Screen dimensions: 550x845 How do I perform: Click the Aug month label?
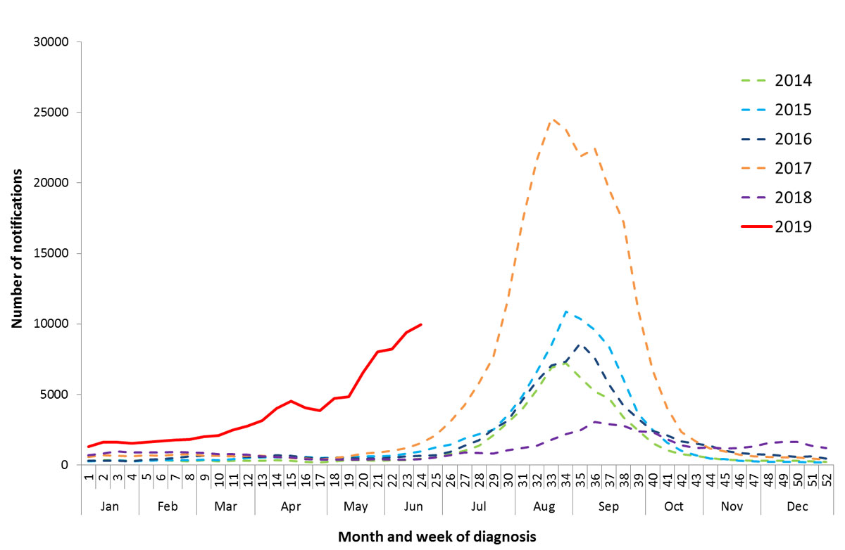[x=544, y=506]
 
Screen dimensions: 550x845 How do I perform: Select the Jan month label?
[x=110, y=506]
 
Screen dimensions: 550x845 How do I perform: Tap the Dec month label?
[x=796, y=506]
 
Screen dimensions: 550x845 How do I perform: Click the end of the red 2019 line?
[x=421, y=324]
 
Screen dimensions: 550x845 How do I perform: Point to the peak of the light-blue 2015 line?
[x=566, y=311]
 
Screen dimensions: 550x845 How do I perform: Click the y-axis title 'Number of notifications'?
[x=16, y=249]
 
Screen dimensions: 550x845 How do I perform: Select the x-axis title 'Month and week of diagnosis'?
[x=437, y=537]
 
